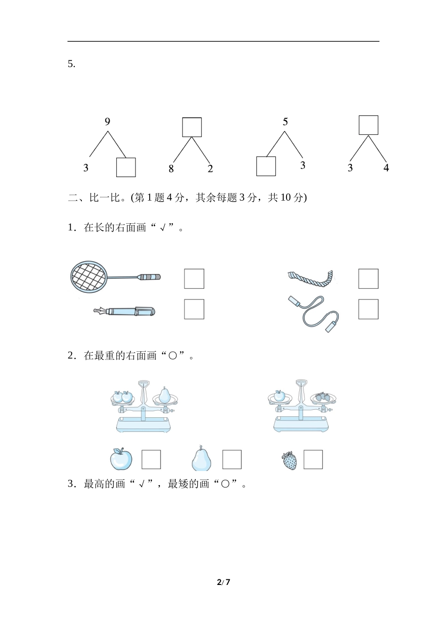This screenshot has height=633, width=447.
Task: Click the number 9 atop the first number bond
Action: [107, 122]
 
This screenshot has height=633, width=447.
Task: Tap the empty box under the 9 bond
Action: [126, 167]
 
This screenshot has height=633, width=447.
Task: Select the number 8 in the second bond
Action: [171, 169]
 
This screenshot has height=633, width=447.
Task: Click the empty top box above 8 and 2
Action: [192, 127]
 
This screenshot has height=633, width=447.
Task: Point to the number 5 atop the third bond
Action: [285, 122]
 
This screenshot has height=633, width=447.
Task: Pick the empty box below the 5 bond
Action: [266, 166]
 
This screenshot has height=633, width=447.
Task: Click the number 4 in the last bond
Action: [386, 167]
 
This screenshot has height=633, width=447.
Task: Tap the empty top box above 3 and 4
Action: [368, 125]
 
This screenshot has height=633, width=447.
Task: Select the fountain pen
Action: [124, 311]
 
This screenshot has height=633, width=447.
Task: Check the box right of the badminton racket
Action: [194, 279]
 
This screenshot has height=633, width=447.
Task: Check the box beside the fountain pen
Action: [194, 309]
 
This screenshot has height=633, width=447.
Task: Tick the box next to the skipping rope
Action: [368, 309]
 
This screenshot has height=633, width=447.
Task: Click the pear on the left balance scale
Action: [164, 396]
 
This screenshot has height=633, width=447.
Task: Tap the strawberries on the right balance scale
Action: [323, 397]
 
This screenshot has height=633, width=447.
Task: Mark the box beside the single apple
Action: [151, 460]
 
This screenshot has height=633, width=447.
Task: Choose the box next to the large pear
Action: [231, 460]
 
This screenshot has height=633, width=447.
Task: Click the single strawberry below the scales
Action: [290, 461]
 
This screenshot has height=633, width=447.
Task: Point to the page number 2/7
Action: [223, 582]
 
